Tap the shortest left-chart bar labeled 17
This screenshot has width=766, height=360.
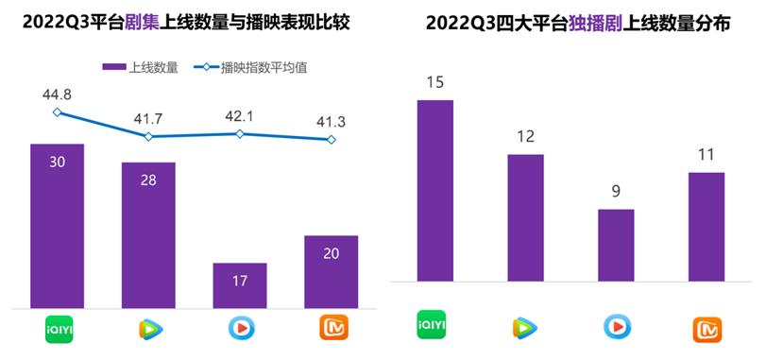click(240, 284)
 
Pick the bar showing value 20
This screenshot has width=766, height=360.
click(331, 271)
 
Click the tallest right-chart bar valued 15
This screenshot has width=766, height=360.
click(435, 190)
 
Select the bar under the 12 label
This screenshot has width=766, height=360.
click(526, 217)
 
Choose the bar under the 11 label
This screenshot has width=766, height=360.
click(707, 227)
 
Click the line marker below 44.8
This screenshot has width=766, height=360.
click(58, 111)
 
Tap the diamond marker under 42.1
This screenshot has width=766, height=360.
click(240, 133)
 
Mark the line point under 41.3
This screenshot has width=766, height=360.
click(331, 139)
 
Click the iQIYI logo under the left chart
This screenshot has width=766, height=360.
click(58, 327)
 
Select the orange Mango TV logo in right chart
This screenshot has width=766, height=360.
click(707, 328)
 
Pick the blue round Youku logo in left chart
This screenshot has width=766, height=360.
click(240, 328)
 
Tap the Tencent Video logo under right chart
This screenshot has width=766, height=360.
click(526, 328)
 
